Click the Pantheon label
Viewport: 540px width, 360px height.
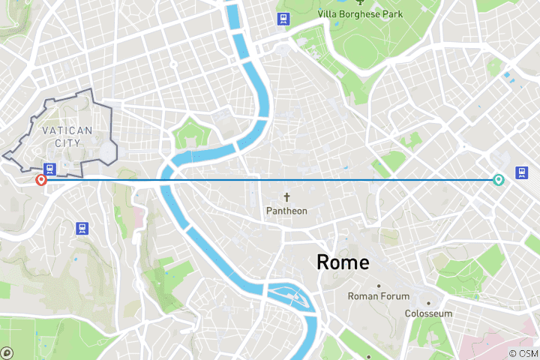pyautogui.click(x=286, y=211)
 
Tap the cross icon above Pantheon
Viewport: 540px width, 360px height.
pyautogui.click(x=286, y=197)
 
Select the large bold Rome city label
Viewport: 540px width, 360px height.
pyautogui.click(x=343, y=262)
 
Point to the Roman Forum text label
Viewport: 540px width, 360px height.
pyautogui.click(x=379, y=296)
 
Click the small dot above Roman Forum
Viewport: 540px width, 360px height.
pyautogui.click(x=379, y=286)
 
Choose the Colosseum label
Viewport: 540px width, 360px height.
pyautogui.click(x=428, y=313)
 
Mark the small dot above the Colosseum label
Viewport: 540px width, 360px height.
pyautogui.click(x=429, y=303)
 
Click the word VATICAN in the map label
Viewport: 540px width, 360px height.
pyautogui.click(x=67, y=130)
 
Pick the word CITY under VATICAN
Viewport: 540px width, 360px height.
pyautogui.click(x=67, y=142)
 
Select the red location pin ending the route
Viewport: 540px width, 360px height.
pyautogui.click(x=41, y=179)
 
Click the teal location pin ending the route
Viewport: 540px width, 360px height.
pyautogui.click(x=498, y=179)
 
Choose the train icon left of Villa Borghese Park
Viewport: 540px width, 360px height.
pyautogui.click(x=283, y=19)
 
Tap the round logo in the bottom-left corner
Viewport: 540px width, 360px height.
pyautogui.click(x=7, y=352)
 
